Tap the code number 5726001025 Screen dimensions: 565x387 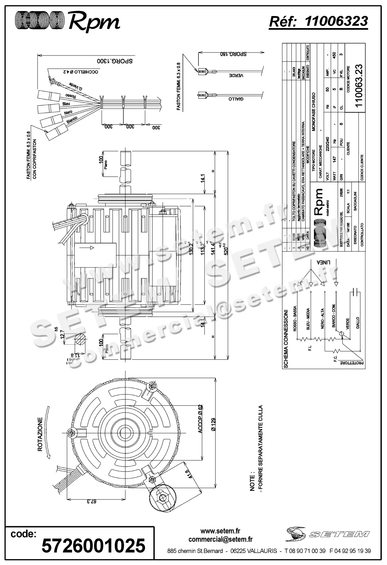[93, 546]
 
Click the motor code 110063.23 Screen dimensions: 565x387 [359, 86]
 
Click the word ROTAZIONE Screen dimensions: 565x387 [40, 434]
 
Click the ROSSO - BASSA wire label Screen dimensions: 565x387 [295, 319]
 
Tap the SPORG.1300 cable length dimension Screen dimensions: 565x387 [115, 61]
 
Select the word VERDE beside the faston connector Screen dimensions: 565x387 [236, 76]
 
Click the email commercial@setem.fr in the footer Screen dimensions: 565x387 [220, 539]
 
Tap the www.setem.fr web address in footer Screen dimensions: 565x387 [220, 531]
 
